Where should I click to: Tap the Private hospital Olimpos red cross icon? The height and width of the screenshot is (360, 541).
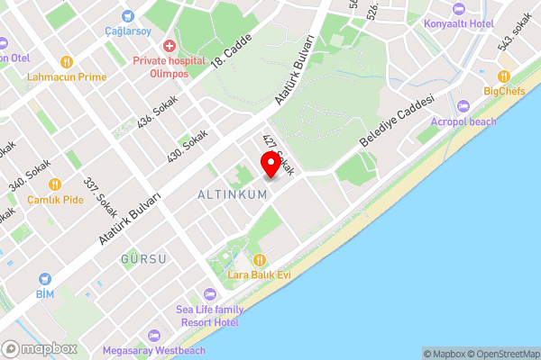point(169,46)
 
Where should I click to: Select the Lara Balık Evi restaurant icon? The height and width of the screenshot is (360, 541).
point(259,259)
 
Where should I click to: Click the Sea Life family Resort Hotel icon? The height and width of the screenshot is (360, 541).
point(209,294)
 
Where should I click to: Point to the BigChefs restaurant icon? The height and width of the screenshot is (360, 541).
point(504,76)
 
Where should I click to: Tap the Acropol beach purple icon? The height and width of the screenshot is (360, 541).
point(463,106)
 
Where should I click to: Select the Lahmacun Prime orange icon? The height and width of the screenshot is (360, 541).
point(67,62)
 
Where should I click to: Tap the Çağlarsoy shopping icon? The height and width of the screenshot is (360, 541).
point(127,15)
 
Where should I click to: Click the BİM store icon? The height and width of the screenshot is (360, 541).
point(45,279)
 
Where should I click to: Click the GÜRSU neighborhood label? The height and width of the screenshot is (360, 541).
point(143,259)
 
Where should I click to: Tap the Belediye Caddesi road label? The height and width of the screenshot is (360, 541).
point(397,122)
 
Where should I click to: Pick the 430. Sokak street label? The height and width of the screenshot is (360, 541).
point(187,145)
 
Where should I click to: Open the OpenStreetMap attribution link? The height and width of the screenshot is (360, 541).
point(500,354)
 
